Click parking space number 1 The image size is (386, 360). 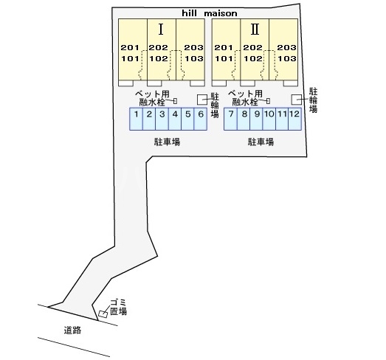point(136,119)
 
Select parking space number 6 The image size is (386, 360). point(201,119)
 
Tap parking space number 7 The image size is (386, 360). point(231,119)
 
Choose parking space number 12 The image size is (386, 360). point(294,119)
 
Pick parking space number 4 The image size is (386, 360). point(175,119)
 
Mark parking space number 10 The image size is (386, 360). point(269,119)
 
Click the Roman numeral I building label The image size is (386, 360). point(161,29)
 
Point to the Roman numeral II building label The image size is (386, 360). point(255,29)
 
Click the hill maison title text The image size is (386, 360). point(210,13)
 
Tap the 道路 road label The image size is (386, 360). point(72,330)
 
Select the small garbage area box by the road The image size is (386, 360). point(103,314)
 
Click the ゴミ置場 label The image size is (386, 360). point(118,307)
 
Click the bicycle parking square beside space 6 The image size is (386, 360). point(202,100)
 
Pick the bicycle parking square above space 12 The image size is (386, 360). point(297,100)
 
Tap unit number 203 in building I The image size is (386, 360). point(194,47)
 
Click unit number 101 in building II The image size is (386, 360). point(224,58)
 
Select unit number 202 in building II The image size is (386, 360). point(252,47)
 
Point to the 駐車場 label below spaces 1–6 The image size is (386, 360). point(167,142)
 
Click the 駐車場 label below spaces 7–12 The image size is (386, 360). point(261,142)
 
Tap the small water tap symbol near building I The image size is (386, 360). point(175,101)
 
